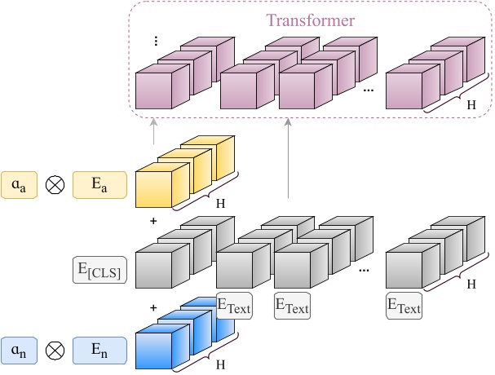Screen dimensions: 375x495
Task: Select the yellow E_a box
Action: click(99, 185)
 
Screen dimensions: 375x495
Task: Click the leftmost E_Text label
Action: click(234, 307)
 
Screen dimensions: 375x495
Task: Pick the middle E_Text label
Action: click(292, 307)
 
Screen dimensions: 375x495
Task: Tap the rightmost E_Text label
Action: click(404, 307)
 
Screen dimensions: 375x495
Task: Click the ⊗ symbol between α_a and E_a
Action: click(56, 185)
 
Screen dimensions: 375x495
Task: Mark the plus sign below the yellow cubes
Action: click(152, 221)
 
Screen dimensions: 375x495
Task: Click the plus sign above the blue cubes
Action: click(152, 307)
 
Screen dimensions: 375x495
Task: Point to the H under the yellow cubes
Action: click(220, 202)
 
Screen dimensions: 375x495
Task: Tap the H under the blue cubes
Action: click(220, 365)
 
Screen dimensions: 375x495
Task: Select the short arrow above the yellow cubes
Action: click(152, 130)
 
